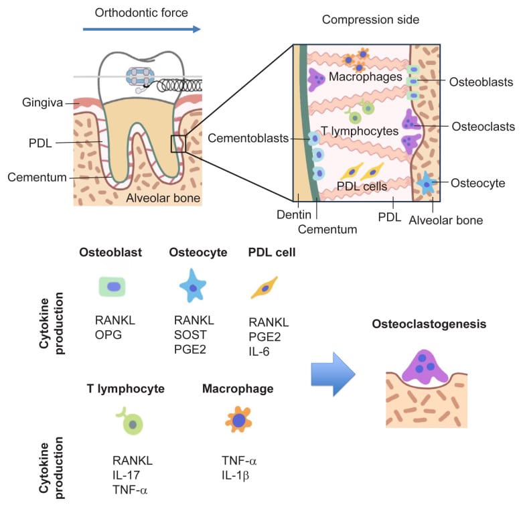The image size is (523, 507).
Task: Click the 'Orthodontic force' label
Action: [x=141, y=12]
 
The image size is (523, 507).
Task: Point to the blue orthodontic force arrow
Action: [x=141, y=29]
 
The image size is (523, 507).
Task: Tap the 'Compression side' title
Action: [x=370, y=19]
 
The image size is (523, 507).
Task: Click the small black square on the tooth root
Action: [x=178, y=143]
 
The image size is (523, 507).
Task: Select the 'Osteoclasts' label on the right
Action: [x=483, y=127]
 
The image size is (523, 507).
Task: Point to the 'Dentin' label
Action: [x=292, y=215]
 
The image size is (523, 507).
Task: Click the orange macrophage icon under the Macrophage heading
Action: [x=238, y=421]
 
